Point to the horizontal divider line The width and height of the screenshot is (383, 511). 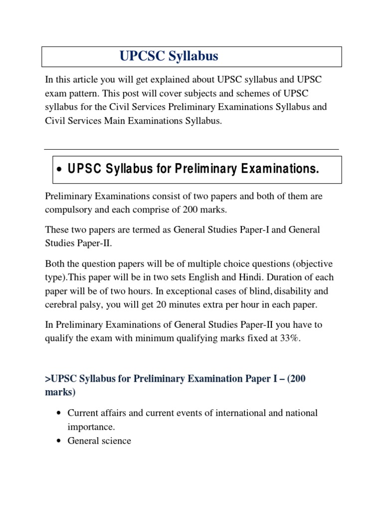(191, 149)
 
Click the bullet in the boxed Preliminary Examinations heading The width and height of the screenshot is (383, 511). (59, 170)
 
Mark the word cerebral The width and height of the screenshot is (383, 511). (60, 304)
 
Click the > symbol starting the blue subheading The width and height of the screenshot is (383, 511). (47, 379)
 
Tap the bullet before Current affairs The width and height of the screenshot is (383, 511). (59, 413)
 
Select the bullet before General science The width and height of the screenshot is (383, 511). (59, 441)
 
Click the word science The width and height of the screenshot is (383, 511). (115, 441)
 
